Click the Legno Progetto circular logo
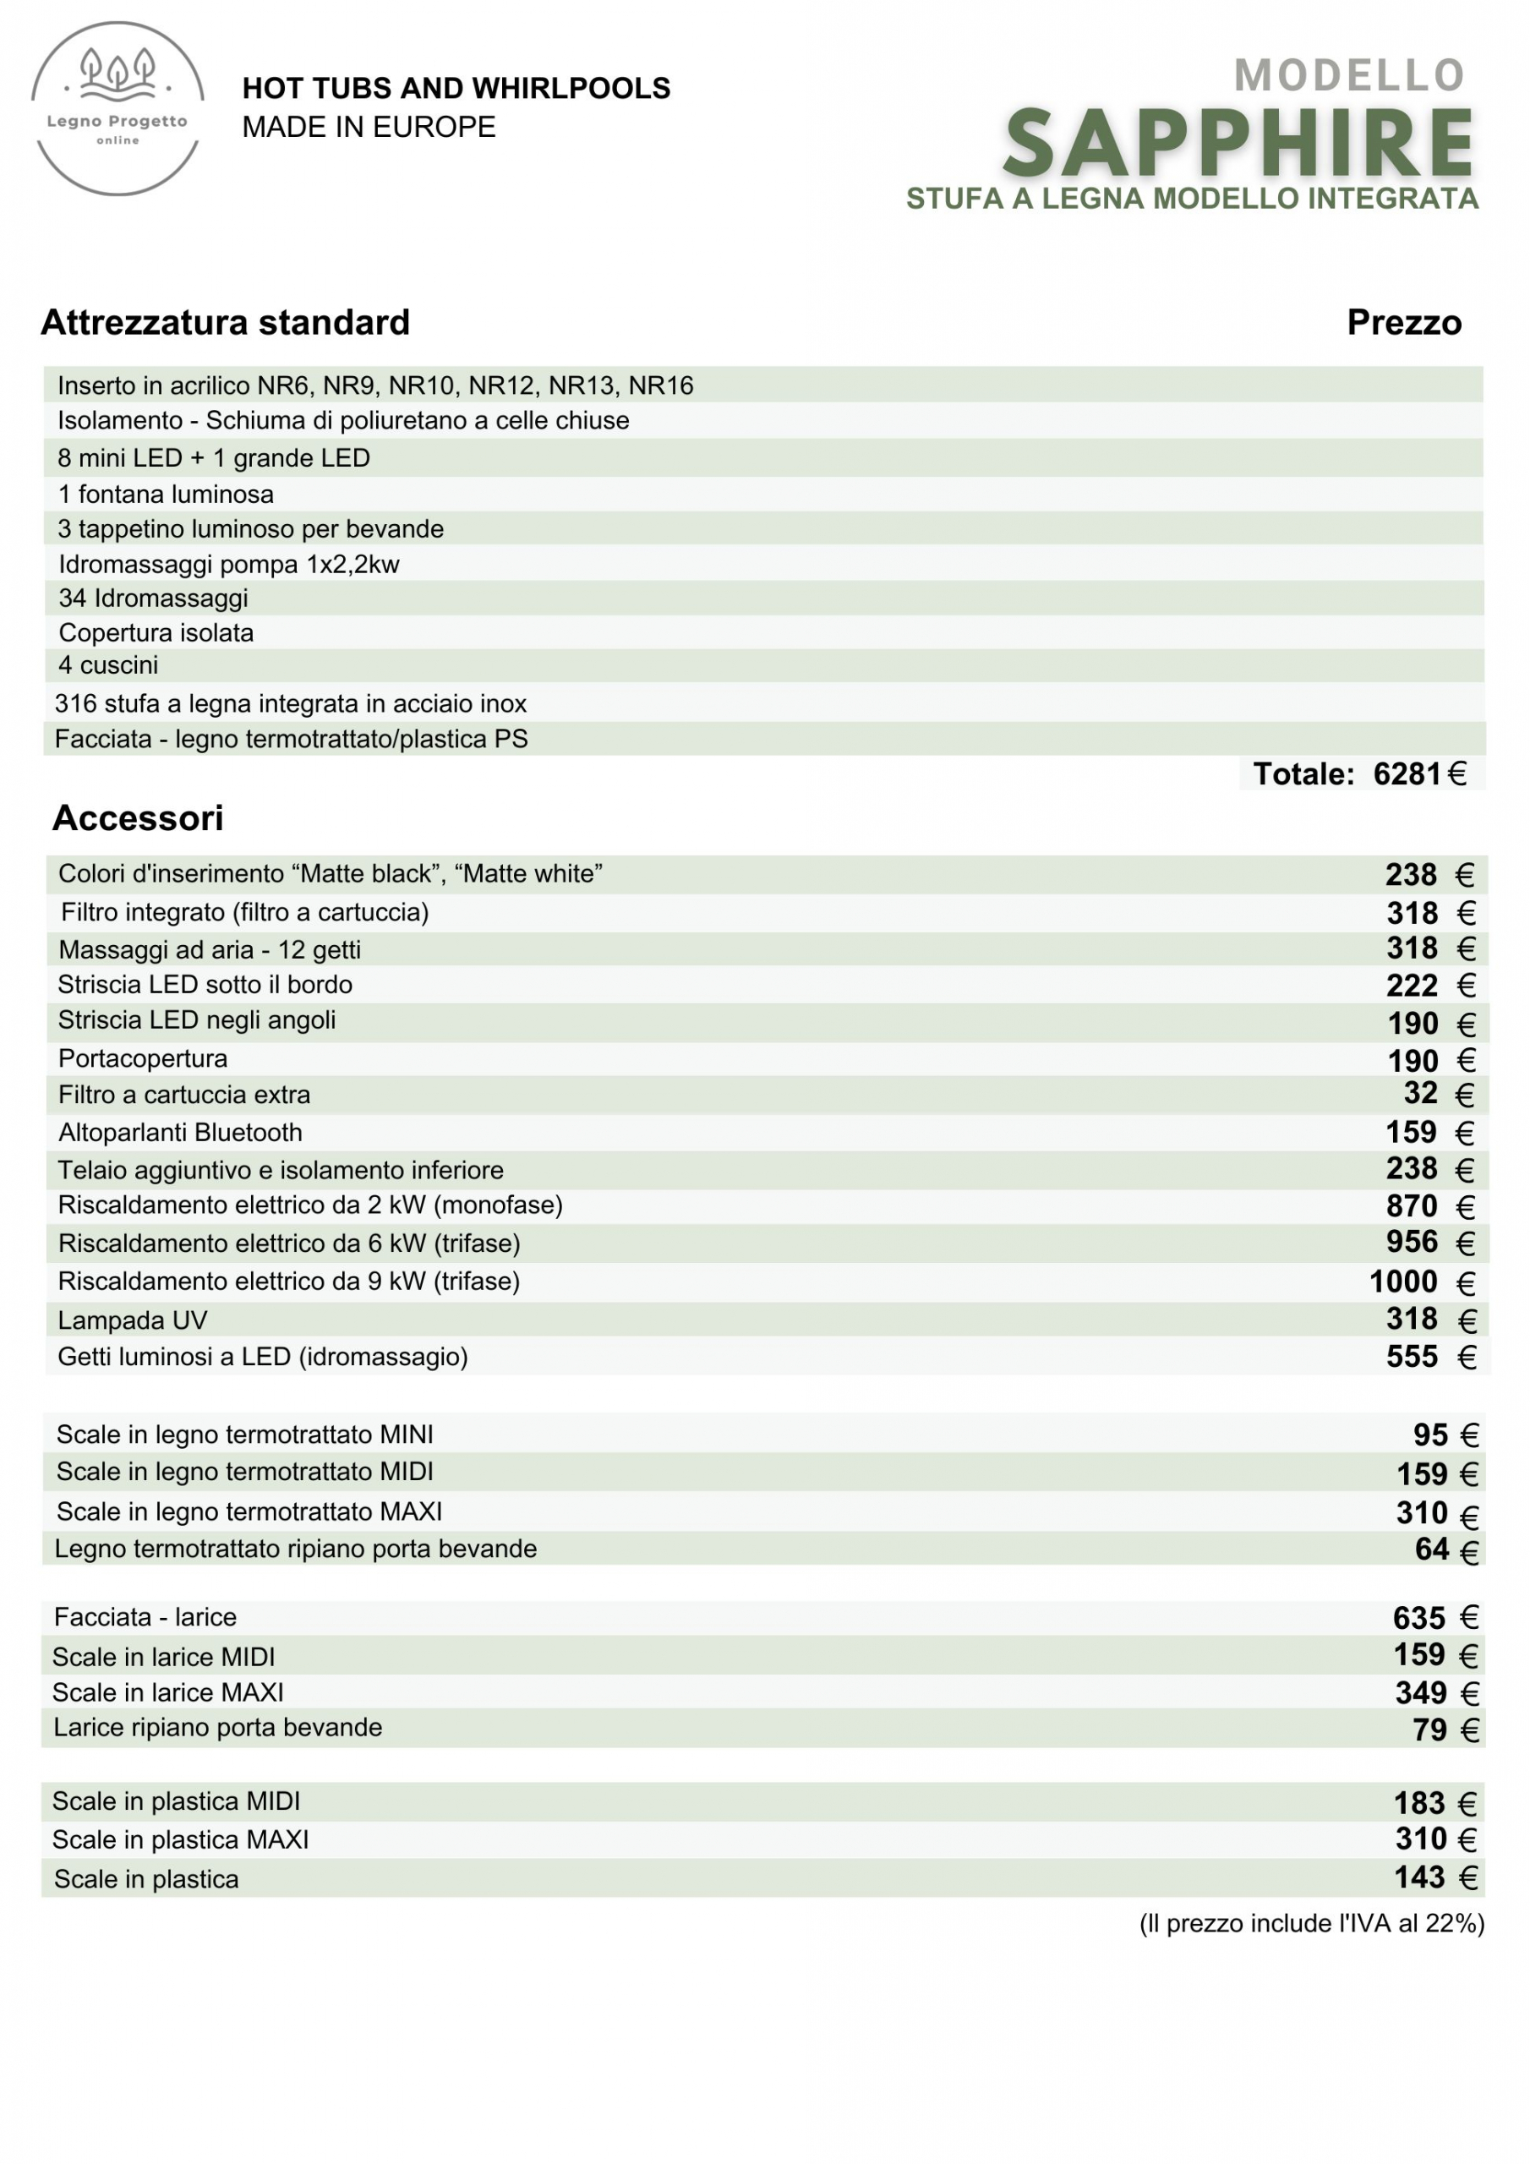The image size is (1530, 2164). [x=117, y=108]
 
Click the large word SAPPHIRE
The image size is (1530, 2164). [x=1238, y=145]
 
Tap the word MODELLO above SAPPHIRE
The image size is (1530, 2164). [x=1348, y=75]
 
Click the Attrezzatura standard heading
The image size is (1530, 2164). [x=226, y=322]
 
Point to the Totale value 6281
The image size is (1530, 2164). [x=1407, y=773]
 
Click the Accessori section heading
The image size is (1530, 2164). [x=138, y=818]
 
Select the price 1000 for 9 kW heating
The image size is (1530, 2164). [x=1402, y=1281]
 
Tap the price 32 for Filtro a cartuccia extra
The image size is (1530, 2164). [x=1420, y=1093]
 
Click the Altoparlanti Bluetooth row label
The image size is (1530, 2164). [x=180, y=1132]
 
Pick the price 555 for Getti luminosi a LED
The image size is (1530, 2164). [x=1411, y=1356]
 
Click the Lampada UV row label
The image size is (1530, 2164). [x=132, y=1320]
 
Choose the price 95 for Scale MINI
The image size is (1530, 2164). [x=1429, y=1434]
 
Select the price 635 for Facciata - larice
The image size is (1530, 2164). [x=1418, y=1617]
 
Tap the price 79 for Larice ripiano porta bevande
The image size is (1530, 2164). [x=1429, y=1730]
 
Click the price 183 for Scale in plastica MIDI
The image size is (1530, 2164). [x=1418, y=1803]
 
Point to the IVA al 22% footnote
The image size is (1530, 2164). [x=1311, y=1923]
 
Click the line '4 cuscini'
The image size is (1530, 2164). [x=108, y=665]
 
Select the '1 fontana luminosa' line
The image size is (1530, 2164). [x=166, y=494]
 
